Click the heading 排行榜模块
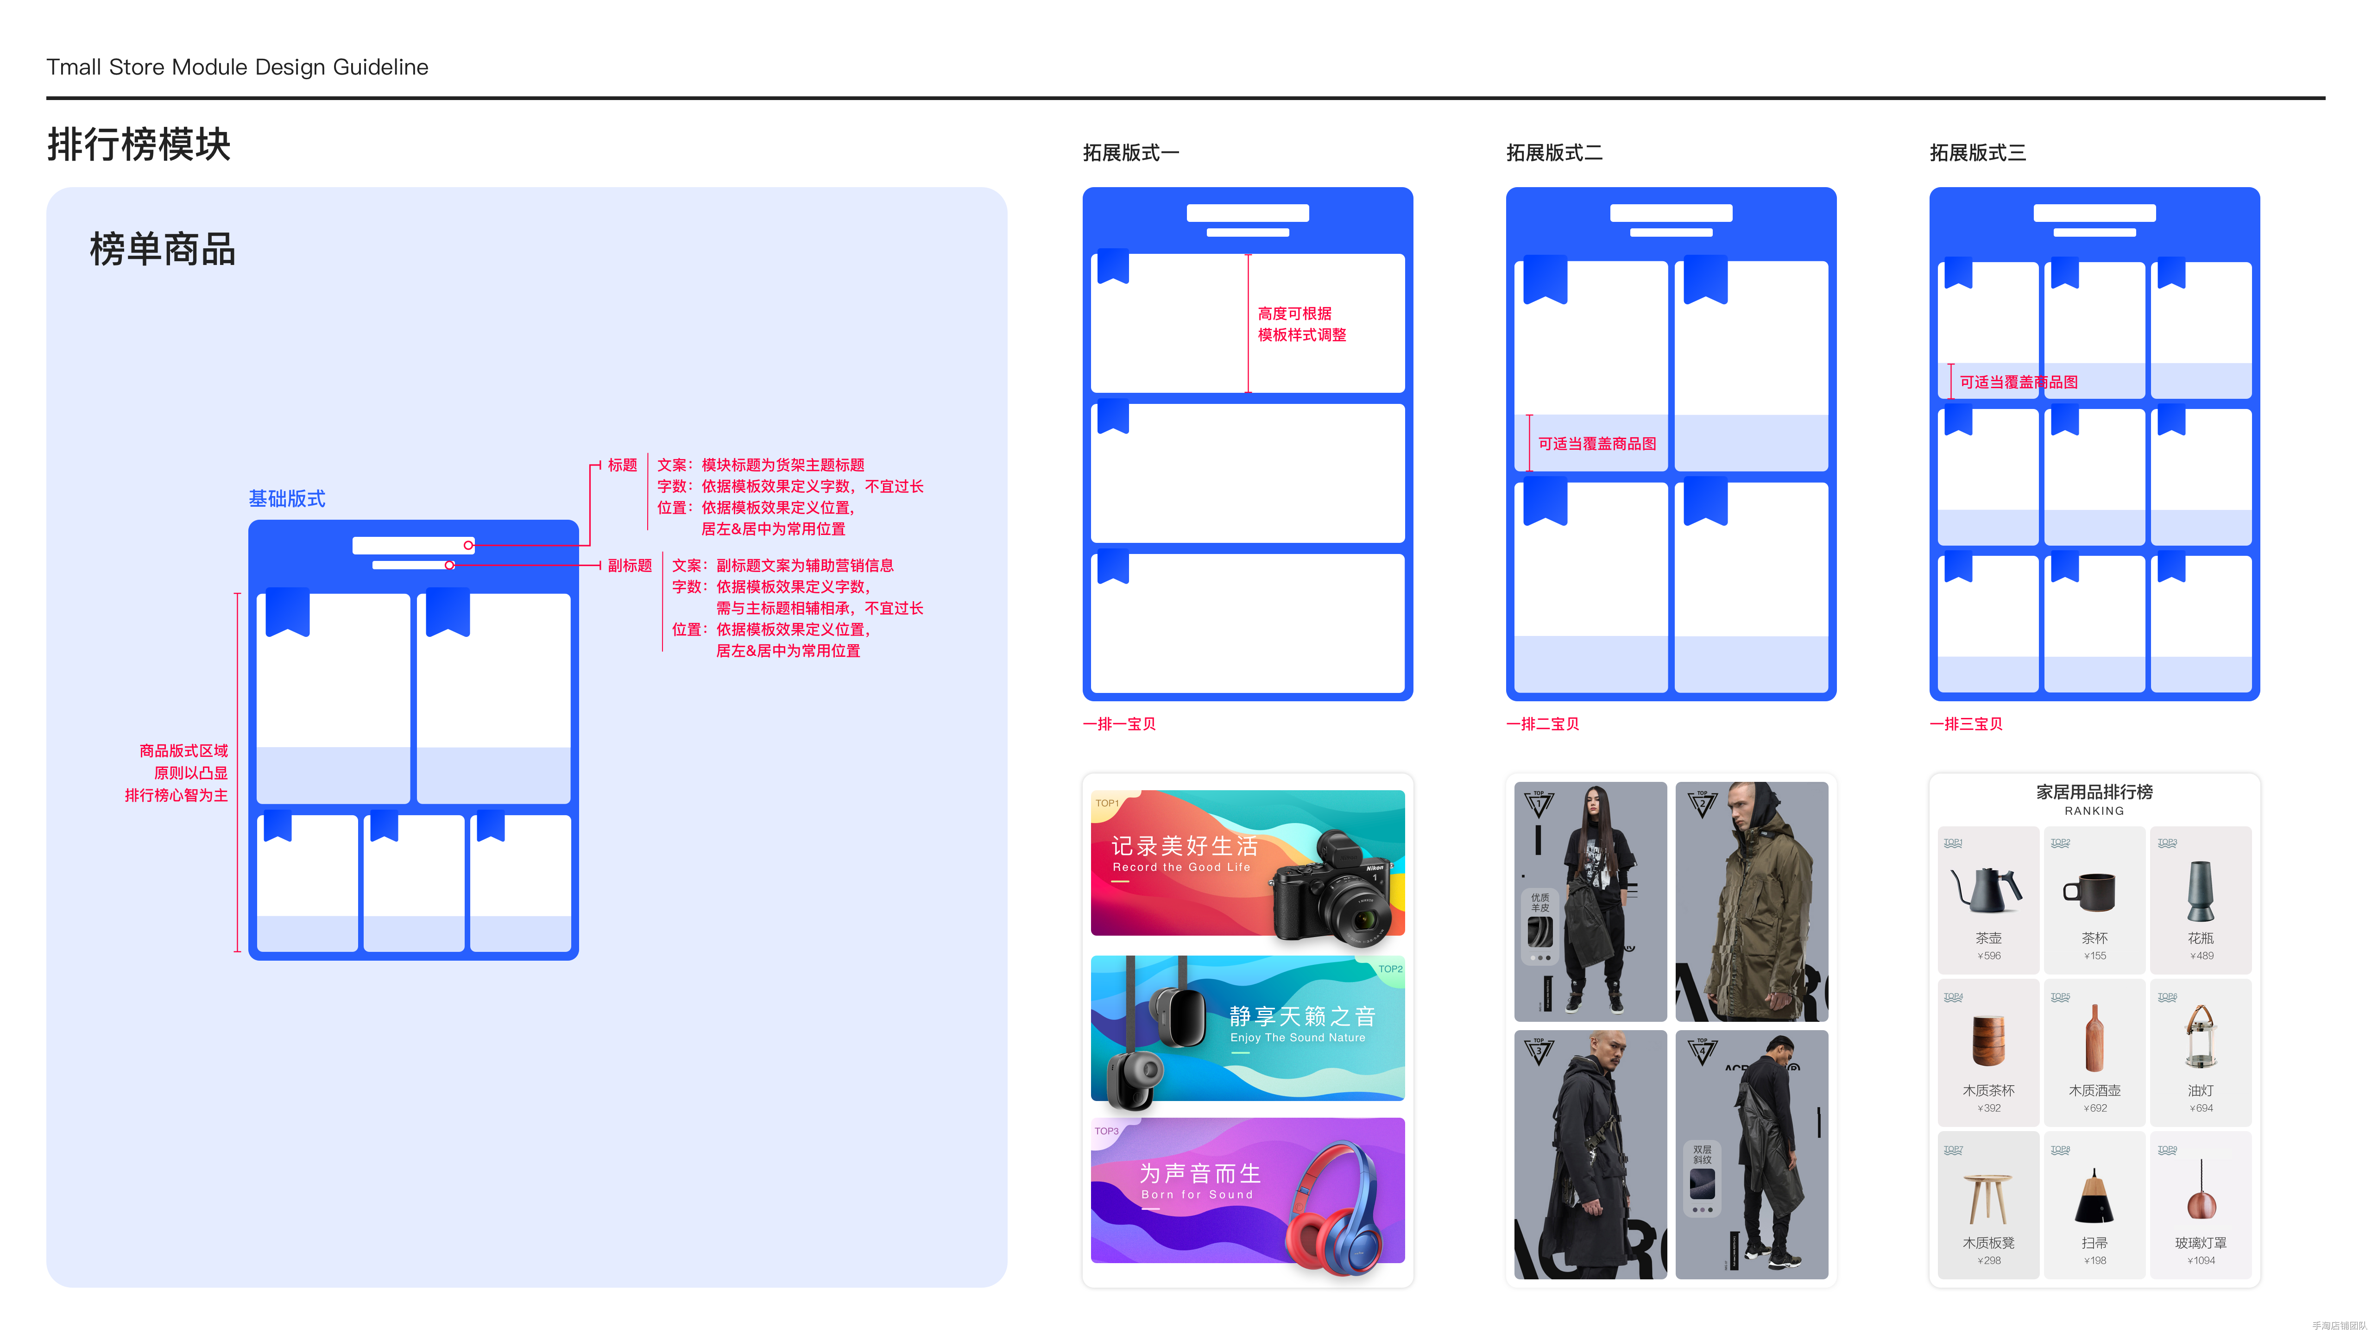click(139, 145)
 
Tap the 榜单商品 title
click(162, 250)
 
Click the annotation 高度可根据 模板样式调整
click(1301, 324)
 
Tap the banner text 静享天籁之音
click(1302, 1016)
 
